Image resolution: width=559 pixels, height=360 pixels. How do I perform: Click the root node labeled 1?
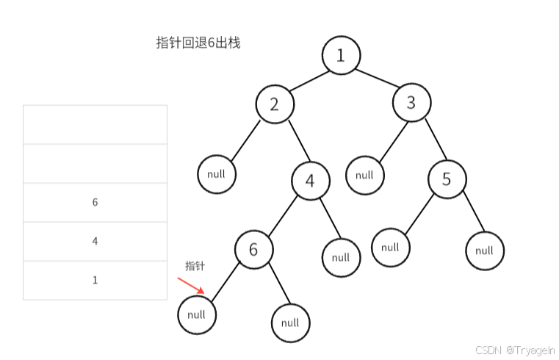click(x=341, y=55)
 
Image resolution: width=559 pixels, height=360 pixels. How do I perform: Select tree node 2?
click(x=275, y=104)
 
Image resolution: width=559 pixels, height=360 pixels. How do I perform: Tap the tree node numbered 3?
click(x=411, y=103)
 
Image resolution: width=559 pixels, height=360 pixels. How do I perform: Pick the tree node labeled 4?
click(x=310, y=181)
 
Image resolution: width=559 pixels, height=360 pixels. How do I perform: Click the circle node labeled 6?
click(x=254, y=249)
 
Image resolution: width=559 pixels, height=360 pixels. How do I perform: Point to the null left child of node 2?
click(x=217, y=174)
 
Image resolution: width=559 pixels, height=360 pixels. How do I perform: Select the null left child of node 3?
click(x=365, y=175)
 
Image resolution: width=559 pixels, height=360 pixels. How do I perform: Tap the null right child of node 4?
click(x=341, y=257)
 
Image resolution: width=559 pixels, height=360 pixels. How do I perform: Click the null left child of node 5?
click(x=391, y=247)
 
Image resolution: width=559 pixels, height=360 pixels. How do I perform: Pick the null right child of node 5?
click(x=485, y=251)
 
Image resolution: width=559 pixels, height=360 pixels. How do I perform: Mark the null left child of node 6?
click(x=197, y=314)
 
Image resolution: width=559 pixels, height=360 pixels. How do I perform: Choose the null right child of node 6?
click(x=290, y=323)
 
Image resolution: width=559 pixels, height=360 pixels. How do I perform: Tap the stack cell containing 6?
click(x=95, y=203)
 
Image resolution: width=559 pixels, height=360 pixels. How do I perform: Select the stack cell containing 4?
click(x=95, y=242)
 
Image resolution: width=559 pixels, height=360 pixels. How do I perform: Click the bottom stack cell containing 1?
click(x=95, y=281)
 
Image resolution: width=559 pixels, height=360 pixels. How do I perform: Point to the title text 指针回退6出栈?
click(x=198, y=43)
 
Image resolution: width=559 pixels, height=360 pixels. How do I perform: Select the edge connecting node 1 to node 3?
click(x=376, y=79)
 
